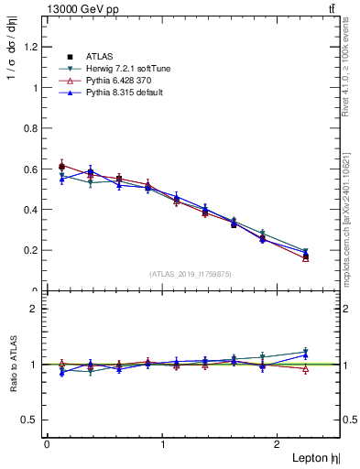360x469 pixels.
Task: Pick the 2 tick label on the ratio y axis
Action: pos(35,309)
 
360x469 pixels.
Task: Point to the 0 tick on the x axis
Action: pos(47,444)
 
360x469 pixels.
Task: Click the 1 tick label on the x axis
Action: pos(163,444)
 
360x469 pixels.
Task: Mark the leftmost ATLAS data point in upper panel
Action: pos(61,167)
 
